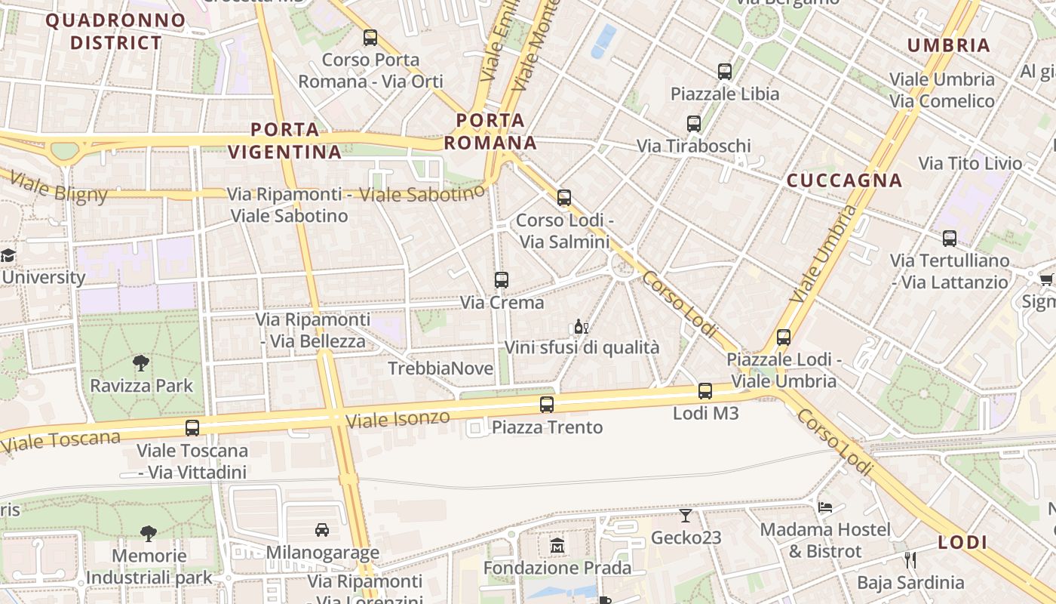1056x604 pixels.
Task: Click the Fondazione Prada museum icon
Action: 557,545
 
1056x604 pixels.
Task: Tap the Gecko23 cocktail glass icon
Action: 685,516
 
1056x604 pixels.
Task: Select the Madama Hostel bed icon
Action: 825,507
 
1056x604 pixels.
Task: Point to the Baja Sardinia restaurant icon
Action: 910,560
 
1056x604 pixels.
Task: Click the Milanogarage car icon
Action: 322,530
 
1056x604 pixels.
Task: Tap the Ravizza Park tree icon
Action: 141,363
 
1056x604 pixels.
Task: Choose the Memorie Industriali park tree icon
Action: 149,534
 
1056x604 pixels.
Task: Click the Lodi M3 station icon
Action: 705,391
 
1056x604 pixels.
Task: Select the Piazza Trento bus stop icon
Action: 547,405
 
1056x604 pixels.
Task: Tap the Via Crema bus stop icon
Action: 502,280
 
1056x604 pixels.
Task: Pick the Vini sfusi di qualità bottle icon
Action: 581,327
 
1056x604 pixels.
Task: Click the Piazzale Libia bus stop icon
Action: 725,72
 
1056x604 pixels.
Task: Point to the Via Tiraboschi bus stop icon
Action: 694,124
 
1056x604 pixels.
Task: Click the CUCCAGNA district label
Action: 844,180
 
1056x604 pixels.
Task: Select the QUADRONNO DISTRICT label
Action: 115,31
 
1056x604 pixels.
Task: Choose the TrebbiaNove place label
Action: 441,368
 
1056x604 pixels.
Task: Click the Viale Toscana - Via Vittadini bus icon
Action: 192,428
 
